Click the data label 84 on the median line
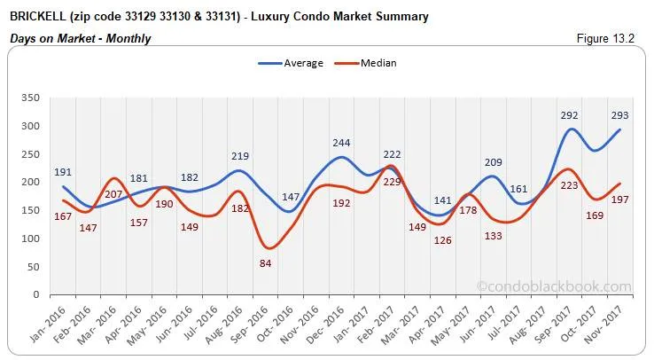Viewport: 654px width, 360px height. (264, 262)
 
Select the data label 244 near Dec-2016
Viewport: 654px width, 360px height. (342, 142)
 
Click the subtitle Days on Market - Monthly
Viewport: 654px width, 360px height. (80, 38)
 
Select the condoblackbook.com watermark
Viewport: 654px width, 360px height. (553, 286)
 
